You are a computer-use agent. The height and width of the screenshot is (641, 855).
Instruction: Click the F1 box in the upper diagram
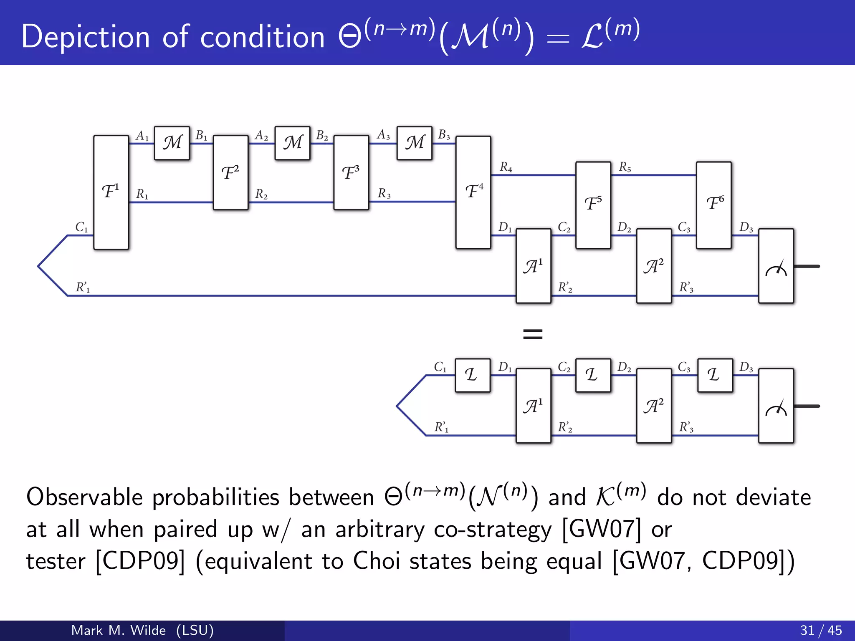click(x=111, y=192)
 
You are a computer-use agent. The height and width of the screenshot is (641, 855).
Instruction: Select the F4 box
click(x=473, y=192)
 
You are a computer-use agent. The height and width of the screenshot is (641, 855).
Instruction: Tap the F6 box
click(x=713, y=205)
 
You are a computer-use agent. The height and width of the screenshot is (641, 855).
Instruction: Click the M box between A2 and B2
click(x=292, y=143)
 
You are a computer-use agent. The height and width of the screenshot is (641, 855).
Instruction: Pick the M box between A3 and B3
click(x=414, y=143)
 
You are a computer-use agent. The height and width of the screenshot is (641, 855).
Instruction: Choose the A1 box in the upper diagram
click(x=533, y=266)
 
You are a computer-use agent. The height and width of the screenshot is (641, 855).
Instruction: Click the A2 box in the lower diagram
click(x=654, y=406)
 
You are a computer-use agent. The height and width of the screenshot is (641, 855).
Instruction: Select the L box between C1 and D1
click(x=472, y=375)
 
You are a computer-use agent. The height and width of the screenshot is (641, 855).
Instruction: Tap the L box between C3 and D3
click(x=715, y=375)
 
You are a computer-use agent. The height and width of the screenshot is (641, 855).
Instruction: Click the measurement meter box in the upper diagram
click(x=776, y=266)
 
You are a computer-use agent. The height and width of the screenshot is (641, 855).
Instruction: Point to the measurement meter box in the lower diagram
click(x=776, y=406)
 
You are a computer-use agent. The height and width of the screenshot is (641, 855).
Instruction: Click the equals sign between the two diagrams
click(x=533, y=334)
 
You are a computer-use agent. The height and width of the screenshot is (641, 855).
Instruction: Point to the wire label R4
click(x=506, y=167)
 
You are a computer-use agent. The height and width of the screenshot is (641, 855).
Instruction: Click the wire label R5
click(x=625, y=167)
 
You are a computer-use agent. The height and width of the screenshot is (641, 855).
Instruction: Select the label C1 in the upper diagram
click(x=81, y=227)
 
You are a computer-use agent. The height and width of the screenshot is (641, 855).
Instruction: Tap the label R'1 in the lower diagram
click(x=441, y=427)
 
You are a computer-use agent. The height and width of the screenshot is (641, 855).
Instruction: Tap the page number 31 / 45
click(x=821, y=630)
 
